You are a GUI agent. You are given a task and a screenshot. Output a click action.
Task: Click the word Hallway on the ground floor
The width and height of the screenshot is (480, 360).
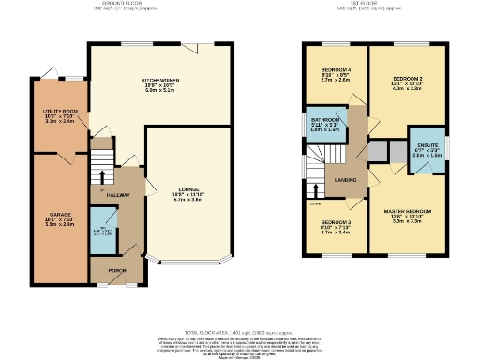pyautogui.click(x=117, y=194)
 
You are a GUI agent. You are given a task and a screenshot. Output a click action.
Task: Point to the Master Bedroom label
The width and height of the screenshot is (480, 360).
pyautogui.click(x=407, y=212)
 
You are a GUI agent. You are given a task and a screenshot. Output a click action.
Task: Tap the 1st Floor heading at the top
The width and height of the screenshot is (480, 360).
pyautogui.click(x=366, y=4)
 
